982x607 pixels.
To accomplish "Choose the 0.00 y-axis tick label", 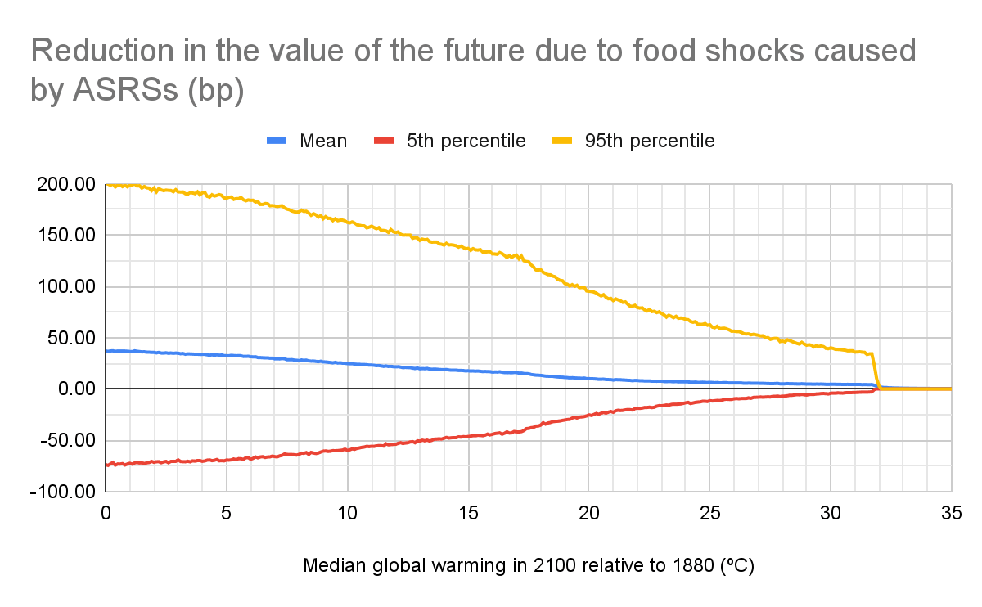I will tap(74, 389).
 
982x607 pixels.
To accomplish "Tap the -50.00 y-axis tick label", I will tap(67, 441).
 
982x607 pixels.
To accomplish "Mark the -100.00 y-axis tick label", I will tap(63, 492).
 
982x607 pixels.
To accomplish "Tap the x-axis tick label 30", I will tap(831, 511).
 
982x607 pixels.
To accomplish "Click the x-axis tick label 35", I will tap(951, 511).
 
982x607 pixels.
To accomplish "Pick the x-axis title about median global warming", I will tap(528, 567).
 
